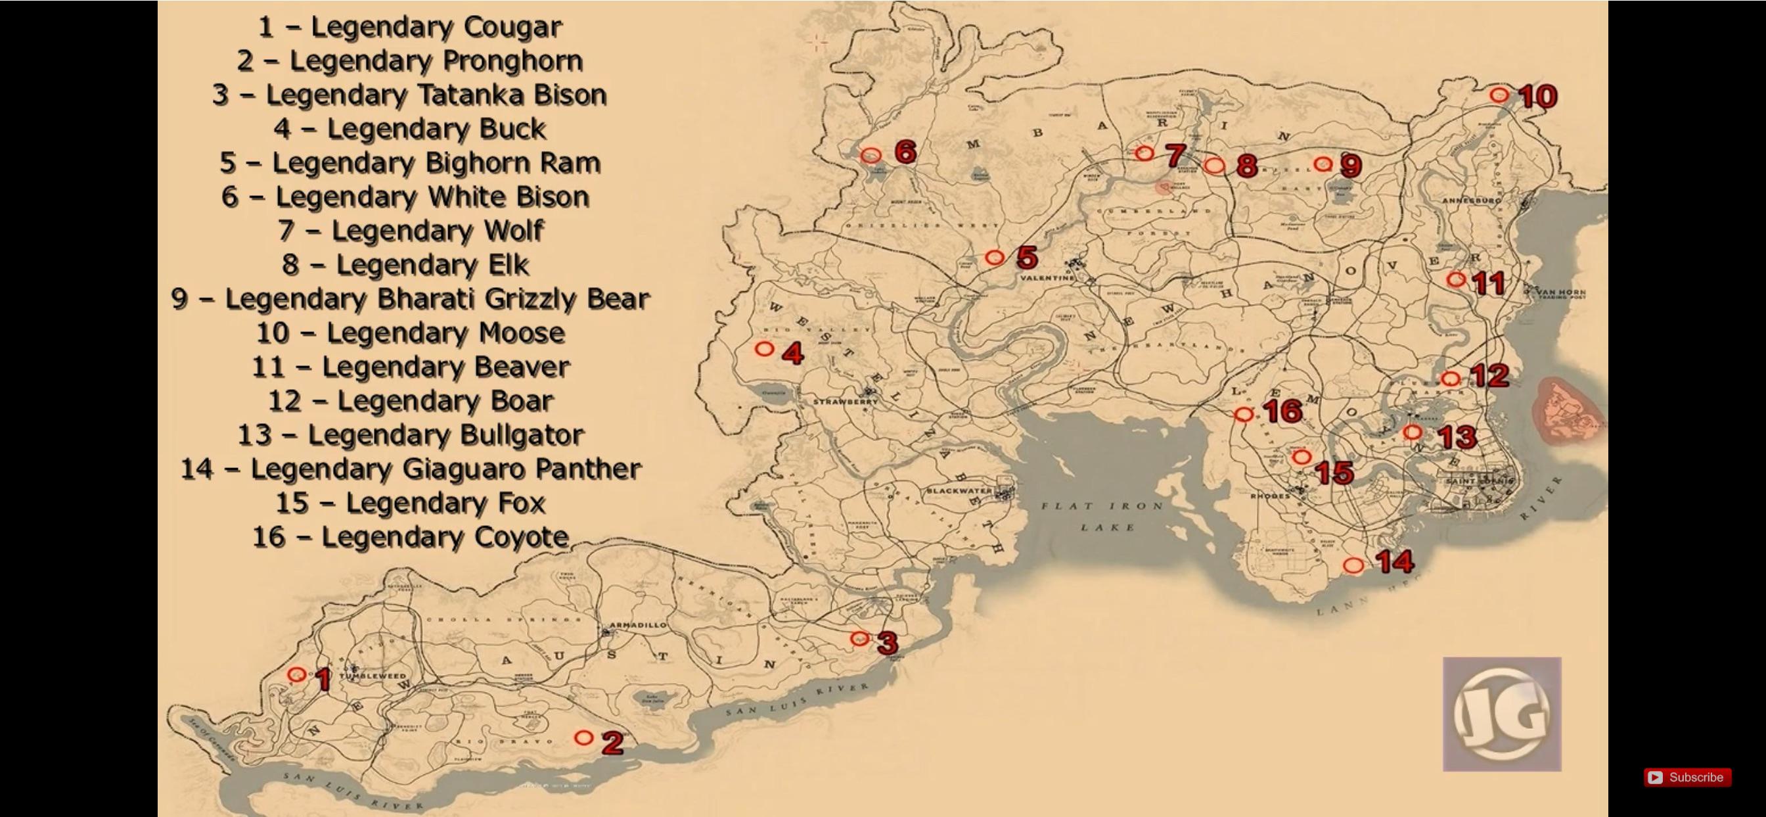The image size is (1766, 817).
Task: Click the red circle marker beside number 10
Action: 1499,95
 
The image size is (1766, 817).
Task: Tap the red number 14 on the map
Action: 1395,562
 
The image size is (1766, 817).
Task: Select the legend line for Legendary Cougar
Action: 410,28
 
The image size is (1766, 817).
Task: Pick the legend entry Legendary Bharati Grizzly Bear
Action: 410,299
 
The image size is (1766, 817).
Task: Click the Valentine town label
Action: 1047,278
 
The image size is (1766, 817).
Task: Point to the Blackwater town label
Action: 959,491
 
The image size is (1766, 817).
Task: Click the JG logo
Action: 1501,714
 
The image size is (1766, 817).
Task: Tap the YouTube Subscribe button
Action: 1687,777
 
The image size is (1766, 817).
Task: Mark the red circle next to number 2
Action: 583,737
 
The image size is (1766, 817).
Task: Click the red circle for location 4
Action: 764,349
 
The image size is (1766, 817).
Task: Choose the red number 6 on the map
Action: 905,152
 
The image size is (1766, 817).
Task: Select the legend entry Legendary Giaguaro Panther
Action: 410,469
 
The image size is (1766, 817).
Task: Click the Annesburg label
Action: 1471,201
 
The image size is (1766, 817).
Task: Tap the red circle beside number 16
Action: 1244,414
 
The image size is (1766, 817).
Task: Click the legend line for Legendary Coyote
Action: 410,537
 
